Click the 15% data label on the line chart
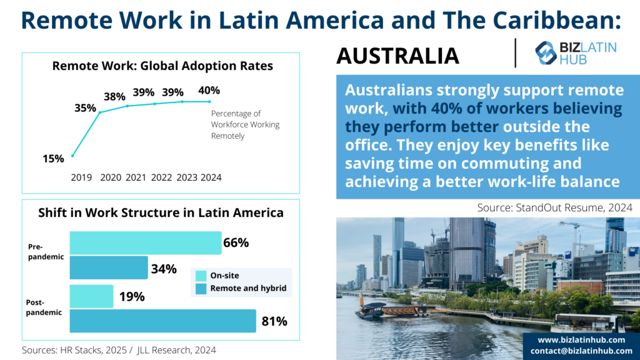[53, 159]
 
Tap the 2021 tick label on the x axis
[136, 177]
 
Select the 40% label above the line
[209, 91]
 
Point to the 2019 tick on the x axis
[81, 177]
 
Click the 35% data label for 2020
[85, 107]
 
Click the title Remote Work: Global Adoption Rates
[162, 66]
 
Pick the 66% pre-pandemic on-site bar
[145, 243]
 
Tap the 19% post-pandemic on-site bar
[91, 296]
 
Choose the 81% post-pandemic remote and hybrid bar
[162, 321]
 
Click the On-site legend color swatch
[201, 276]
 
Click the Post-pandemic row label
[44, 307]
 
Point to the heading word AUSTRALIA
[397, 56]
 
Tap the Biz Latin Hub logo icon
[546, 53]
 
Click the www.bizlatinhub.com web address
[581, 339]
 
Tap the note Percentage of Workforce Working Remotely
[245, 124]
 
